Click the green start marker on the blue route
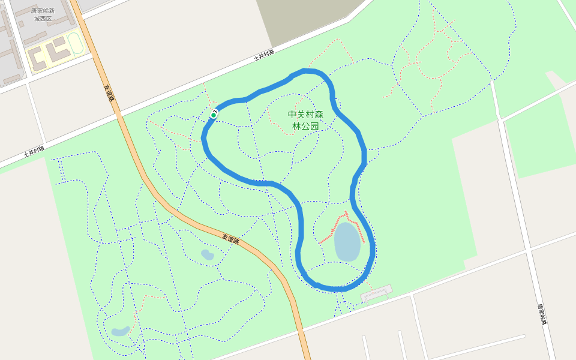pyautogui.click(x=214, y=115)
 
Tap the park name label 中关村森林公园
pyautogui.click(x=305, y=120)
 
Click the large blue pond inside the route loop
pyautogui.click(x=347, y=242)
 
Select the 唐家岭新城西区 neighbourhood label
pyautogui.click(x=43, y=14)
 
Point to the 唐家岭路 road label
pyautogui.click(x=542, y=314)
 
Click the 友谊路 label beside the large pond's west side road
pyautogui.click(x=230, y=238)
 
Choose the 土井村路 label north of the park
pyautogui.click(x=264, y=55)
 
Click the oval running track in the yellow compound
pyautogui.click(x=76, y=43)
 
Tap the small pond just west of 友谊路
pyautogui.click(x=207, y=254)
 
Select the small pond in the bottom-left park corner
pyautogui.click(x=120, y=331)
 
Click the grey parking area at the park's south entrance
pyautogui.click(x=376, y=293)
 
